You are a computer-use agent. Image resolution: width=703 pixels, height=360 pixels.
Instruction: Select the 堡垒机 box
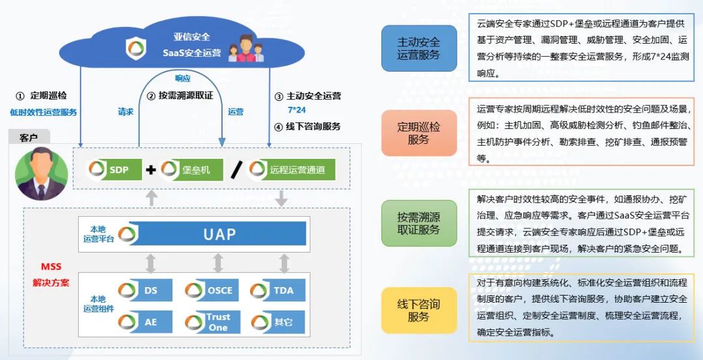191,171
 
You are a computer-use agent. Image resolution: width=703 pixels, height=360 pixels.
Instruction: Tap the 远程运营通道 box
292,171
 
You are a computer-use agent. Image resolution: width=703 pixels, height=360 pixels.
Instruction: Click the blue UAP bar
219,234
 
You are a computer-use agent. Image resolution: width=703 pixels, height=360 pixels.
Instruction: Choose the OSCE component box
212,290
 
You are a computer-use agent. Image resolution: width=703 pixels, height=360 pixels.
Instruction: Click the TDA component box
277,290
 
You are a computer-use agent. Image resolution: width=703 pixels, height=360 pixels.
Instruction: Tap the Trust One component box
212,322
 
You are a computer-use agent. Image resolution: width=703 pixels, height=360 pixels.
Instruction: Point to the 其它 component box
277,322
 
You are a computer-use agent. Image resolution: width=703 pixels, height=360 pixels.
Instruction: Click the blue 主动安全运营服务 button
419,48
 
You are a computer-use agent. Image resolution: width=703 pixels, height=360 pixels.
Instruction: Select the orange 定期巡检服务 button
419,133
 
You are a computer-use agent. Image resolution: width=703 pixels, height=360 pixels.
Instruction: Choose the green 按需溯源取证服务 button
419,223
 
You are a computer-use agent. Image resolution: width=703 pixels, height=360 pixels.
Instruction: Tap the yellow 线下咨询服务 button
419,310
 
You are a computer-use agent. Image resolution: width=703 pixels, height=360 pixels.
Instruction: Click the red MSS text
51,267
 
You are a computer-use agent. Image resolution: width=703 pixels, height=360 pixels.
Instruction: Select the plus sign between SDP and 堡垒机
151,171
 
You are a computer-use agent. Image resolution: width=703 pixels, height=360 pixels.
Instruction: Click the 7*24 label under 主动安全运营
297,110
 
